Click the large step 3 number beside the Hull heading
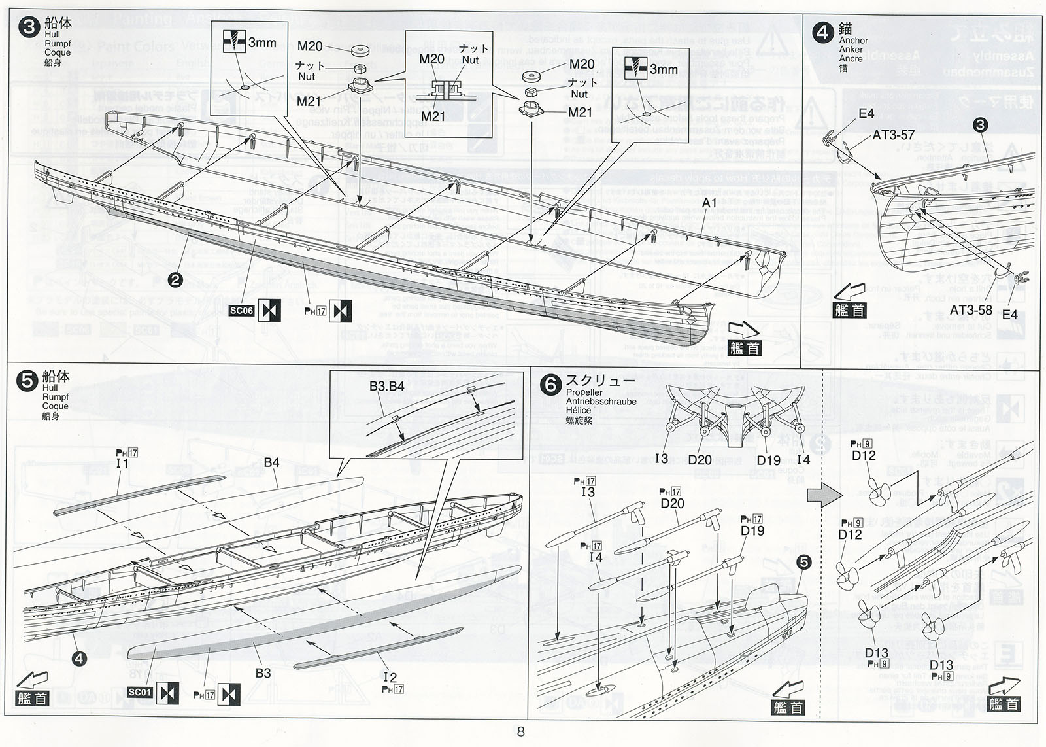tap(29, 28)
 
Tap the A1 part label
tap(709, 203)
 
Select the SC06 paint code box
tap(241, 311)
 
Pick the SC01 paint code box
tap(140, 692)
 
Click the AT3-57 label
tap(894, 135)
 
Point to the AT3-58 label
tap(970, 310)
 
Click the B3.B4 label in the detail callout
tap(386, 387)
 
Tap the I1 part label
tap(122, 463)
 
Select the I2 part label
tap(390, 677)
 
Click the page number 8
tap(521, 731)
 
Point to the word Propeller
tap(584, 392)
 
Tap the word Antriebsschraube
tap(601, 402)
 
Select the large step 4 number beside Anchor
tap(822, 32)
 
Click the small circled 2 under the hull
tap(175, 280)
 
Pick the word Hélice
tap(579, 411)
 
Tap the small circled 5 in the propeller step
tap(803, 563)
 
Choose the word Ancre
tap(851, 58)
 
